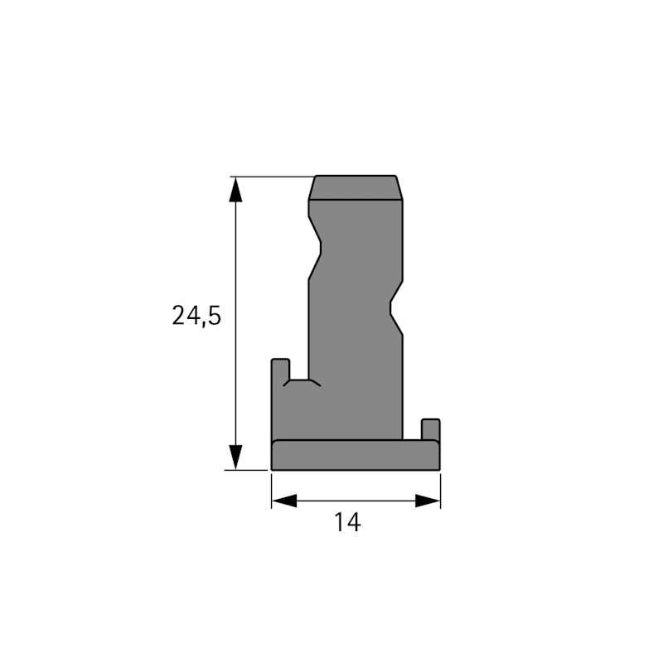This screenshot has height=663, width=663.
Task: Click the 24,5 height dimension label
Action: (196, 316)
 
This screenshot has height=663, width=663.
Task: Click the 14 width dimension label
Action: (347, 522)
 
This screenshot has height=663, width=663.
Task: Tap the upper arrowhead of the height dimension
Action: (236, 190)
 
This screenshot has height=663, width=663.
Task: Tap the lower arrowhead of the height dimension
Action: (236, 457)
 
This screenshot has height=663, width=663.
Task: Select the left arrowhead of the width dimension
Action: (284, 501)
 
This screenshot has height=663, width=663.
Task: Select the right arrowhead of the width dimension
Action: (428, 501)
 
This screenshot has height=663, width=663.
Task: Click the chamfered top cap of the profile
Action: (356, 187)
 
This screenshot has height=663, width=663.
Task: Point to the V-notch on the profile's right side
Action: (397, 307)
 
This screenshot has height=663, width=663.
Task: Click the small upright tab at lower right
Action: (431, 429)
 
